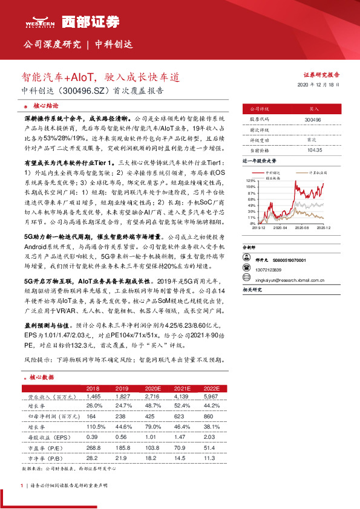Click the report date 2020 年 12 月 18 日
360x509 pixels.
(x=319, y=85)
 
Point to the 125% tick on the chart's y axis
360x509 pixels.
(x=251, y=181)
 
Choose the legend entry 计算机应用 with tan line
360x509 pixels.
(x=318, y=172)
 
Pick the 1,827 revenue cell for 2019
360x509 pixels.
(x=123, y=396)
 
